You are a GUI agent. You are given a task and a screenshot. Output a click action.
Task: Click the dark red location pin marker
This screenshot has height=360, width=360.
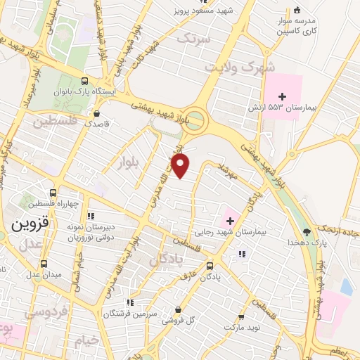pos(181,166)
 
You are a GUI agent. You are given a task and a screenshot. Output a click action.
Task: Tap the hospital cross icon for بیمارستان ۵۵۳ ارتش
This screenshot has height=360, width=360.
pos(282,96)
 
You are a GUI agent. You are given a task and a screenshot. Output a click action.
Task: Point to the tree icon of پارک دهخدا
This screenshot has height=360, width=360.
pos(305,231)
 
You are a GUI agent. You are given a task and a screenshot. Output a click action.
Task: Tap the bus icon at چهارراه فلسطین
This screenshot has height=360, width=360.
pos(54,193)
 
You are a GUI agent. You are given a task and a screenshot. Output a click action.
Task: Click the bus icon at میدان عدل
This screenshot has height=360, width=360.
pos(44,264)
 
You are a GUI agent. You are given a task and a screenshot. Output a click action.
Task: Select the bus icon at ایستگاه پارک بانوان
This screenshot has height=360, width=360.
pos(85,81)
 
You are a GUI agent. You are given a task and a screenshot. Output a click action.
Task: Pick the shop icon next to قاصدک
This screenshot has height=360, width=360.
pos(96,112)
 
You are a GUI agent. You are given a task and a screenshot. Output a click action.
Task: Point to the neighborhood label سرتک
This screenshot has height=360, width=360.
pos(193,39)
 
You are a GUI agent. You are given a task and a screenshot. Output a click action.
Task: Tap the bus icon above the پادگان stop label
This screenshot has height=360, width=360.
pos(210,266)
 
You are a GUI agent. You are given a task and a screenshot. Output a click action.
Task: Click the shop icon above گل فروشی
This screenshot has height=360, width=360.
pos(178,309)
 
